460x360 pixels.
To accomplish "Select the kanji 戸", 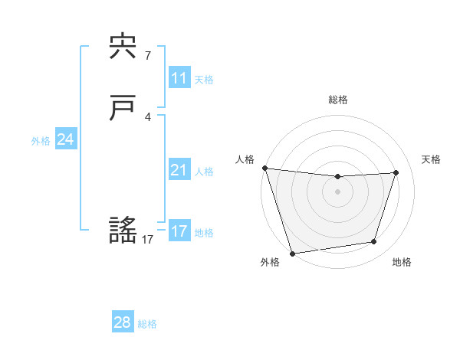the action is click(x=123, y=110).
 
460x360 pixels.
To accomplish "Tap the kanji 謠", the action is click(x=123, y=231).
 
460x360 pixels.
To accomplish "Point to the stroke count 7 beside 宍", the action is click(x=148, y=55).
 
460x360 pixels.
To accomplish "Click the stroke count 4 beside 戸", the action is click(x=148, y=116).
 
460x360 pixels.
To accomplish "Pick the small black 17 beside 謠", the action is click(x=148, y=240).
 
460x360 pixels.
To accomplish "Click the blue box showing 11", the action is click(x=179, y=78).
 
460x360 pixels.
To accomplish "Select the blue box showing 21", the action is click(x=179, y=170).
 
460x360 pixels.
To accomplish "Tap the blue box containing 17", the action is click(x=179, y=231).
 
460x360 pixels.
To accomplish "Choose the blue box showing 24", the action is click(x=66, y=139).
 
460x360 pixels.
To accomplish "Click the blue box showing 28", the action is click(x=123, y=322).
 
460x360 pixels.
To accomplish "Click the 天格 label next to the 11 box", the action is click(x=204, y=79).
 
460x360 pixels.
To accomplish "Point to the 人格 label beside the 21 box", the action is click(x=204, y=171).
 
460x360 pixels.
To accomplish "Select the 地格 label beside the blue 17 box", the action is click(x=204, y=232).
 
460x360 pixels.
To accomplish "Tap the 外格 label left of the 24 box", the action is click(x=41, y=140).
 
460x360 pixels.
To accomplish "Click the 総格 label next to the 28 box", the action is click(x=147, y=323).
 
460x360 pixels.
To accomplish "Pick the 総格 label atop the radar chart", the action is click(x=337, y=100).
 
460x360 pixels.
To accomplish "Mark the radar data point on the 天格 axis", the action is click(x=396, y=172).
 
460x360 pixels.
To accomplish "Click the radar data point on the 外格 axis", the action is click(x=292, y=253).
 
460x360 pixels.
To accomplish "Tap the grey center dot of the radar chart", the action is click(x=337, y=191).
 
